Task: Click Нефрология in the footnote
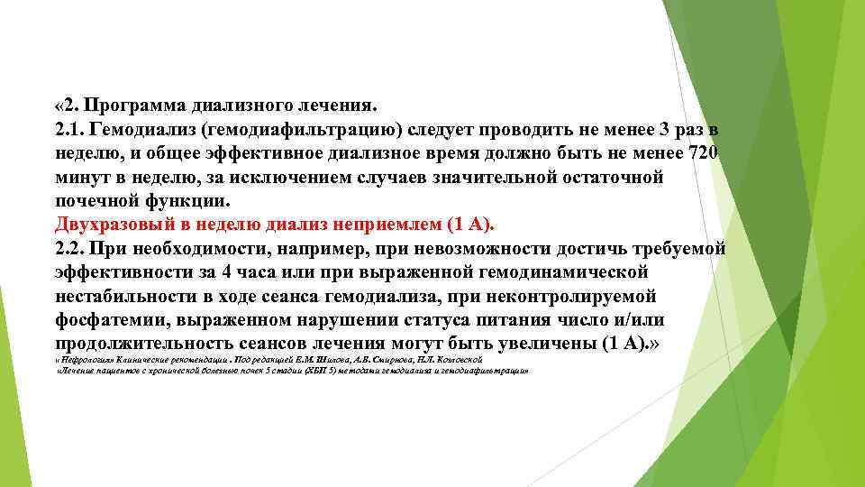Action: pyautogui.click(x=84, y=359)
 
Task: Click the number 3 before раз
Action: pyautogui.click(x=666, y=130)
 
